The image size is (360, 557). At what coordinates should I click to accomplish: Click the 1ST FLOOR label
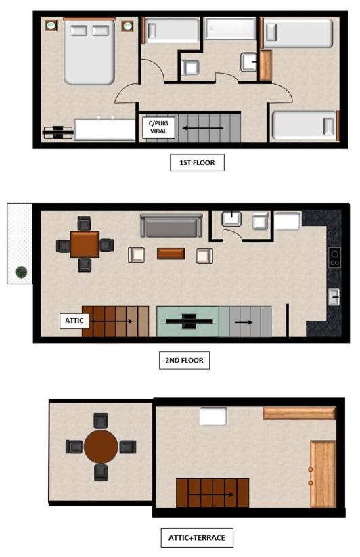tap(197, 162)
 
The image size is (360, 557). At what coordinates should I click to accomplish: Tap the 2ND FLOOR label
tap(184, 360)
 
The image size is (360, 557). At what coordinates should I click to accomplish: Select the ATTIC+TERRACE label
tap(197, 538)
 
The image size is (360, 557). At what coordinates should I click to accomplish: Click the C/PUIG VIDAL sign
tap(158, 127)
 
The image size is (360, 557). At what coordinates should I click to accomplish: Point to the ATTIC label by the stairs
tap(74, 321)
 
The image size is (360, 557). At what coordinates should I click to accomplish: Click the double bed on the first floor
tap(89, 52)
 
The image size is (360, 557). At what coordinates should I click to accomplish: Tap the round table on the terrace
tap(101, 447)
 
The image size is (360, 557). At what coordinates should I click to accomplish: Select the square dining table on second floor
tap(85, 244)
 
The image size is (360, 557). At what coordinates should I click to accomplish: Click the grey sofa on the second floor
tap(171, 225)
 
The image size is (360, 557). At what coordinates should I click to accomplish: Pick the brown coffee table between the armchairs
tap(171, 254)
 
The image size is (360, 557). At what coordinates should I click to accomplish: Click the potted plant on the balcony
tap(21, 272)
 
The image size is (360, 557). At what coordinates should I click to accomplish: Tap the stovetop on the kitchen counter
tap(334, 258)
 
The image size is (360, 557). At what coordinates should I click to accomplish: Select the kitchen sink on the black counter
tap(334, 297)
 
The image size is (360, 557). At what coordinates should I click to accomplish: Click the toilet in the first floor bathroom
tap(190, 68)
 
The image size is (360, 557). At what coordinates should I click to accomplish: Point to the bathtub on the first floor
tap(230, 28)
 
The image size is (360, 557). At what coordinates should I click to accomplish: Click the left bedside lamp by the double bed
tap(51, 26)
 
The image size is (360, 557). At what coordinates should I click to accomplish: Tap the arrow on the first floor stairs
tap(204, 128)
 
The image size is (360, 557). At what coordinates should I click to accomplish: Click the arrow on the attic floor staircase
tap(210, 495)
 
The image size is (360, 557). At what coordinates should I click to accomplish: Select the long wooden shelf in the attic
tap(299, 414)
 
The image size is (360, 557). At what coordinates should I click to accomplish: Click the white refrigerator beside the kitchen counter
tap(287, 221)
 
